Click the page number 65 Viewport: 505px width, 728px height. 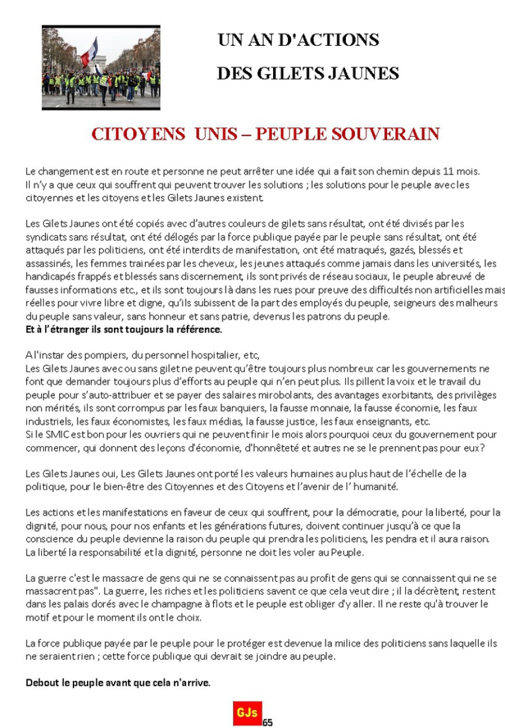coord(268,722)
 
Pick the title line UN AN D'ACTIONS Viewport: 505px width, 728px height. coord(298,41)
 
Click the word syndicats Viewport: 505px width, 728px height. coord(46,237)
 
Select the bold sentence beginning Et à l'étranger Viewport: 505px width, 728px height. coord(124,329)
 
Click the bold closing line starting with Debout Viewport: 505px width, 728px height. coord(118,683)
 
